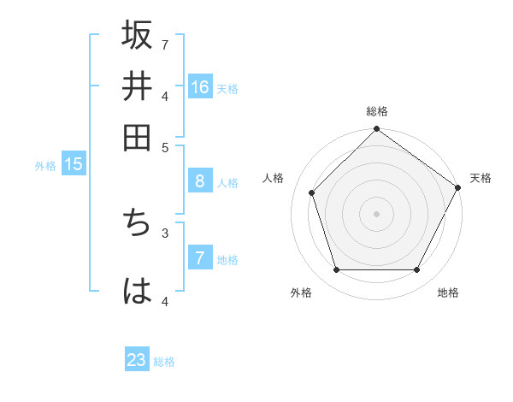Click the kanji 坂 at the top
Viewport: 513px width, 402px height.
click(x=138, y=36)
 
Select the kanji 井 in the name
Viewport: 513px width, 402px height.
click(x=138, y=86)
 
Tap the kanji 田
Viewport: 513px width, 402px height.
click(x=138, y=137)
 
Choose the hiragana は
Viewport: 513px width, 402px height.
click(x=138, y=291)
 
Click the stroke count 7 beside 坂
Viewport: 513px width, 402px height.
click(x=165, y=44)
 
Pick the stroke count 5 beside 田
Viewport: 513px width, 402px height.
click(x=165, y=146)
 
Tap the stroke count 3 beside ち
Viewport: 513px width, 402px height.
click(x=165, y=232)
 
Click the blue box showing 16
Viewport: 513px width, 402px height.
click(x=200, y=87)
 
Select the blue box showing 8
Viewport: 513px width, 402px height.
click(x=199, y=181)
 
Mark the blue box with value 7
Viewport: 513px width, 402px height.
click(x=199, y=258)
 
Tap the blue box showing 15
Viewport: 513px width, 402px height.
click(x=74, y=165)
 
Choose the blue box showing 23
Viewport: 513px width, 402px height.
click(x=137, y=360)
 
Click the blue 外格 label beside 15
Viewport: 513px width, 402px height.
click(x=45, y=166)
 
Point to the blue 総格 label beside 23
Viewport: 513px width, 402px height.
click(x=164, y=362)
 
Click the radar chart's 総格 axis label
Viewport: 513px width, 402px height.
click(x=376, y=111)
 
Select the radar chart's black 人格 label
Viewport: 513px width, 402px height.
click(x=274, y=178)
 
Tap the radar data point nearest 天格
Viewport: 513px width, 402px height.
click(x=458, y=187)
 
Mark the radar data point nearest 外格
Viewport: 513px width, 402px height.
click(x=336, y=270)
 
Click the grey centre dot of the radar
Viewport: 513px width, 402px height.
click(x=376, y=213)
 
